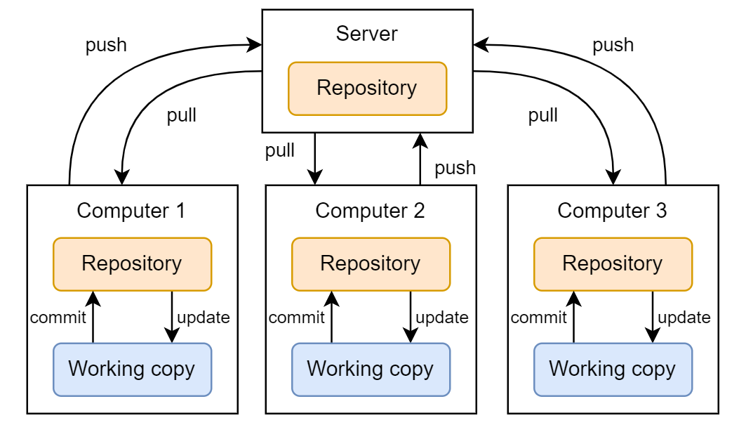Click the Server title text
point(366,34)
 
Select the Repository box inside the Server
point(367,89)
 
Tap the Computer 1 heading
point(131,210)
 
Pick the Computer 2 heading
point(370,210)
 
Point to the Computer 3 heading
point(612,210)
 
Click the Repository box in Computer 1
point(132,264)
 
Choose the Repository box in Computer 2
point(371,264)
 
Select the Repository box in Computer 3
point(613,264)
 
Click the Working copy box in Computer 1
point(132,370)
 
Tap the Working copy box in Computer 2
point(371,370)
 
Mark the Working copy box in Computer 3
point(613,370)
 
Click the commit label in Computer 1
point(58,318)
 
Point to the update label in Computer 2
point(442,318)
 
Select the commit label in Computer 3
point(539,318)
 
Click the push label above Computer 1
point(106,45)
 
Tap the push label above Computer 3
point(613,45)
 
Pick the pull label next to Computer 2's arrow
point(280,150)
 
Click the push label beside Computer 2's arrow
point(455,168)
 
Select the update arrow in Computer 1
point(172,317)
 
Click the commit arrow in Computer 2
point(332,317)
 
